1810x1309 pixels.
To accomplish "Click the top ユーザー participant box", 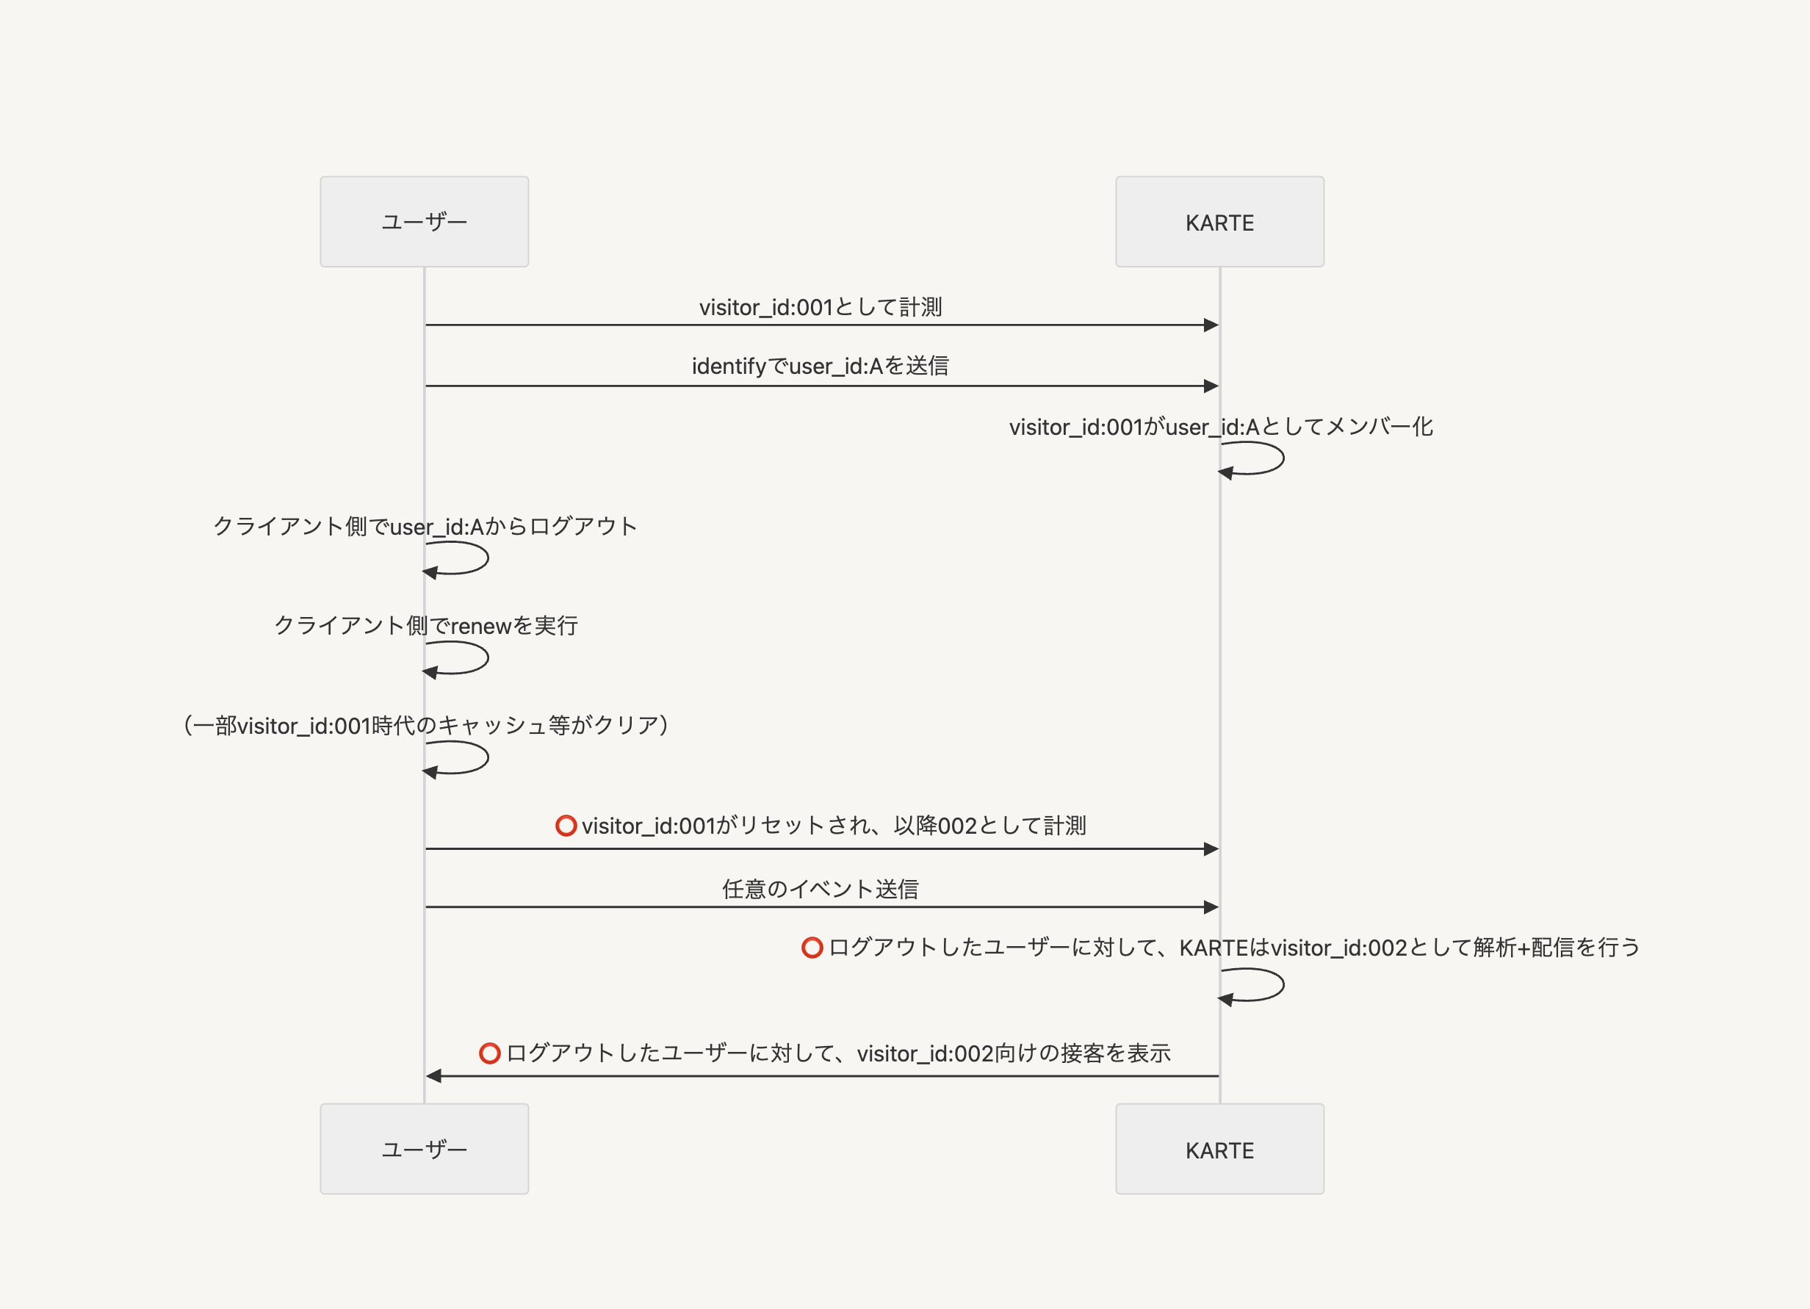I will coord(424,222).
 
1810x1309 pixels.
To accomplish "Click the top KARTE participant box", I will coord(1219,222).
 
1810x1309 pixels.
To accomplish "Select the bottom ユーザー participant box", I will coord(424,1149).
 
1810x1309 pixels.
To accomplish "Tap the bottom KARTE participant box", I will coord(1219,1149).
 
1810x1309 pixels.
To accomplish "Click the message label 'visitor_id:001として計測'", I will coord(820,307).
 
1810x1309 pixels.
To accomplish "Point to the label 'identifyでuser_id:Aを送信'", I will coord(820,367).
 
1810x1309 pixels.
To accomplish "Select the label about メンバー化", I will coord(1220,427).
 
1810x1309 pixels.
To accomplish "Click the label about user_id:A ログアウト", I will coord(425,527).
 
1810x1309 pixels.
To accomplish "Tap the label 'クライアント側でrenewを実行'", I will coord(425,626).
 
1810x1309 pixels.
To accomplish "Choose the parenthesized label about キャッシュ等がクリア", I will coord(425,726).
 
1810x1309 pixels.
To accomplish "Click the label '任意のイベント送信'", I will coord(820,889).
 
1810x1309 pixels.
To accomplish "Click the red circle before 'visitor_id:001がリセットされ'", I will coord(566,826).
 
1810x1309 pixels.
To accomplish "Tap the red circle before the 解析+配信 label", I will coord(812,948).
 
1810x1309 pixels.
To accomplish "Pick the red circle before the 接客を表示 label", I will coord(489,1053).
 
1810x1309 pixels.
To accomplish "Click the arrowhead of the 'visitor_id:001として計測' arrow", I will coord(1211,325).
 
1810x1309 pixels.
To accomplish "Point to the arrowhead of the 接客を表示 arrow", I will coord(433,1076).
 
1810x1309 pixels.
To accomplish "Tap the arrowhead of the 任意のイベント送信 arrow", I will coord(1211,906).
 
